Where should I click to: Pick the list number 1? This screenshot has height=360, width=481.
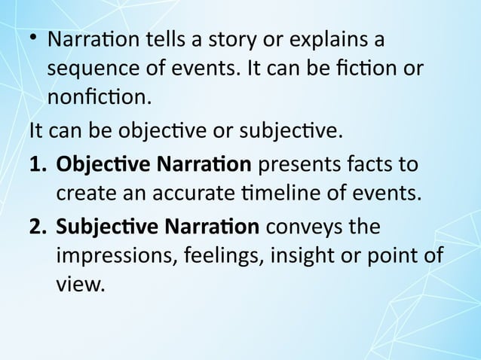point(38,164)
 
